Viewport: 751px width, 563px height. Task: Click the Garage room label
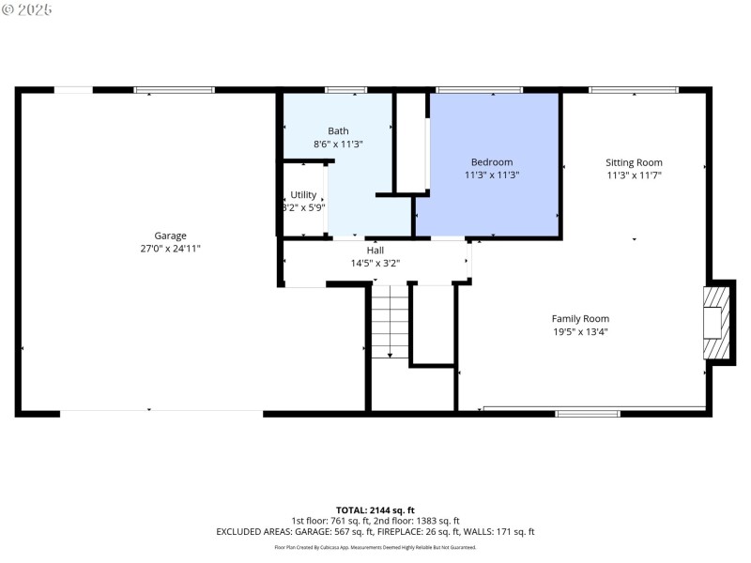tap(170, 236)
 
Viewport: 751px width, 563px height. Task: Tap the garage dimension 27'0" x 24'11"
tap(170, 249)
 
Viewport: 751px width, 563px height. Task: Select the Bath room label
tap(338, 130)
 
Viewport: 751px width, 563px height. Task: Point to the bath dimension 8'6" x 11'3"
tap(338, 145)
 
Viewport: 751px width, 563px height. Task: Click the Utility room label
tap(303, 194)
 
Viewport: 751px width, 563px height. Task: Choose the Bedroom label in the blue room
tap(492, 161)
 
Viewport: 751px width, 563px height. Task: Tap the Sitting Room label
tap(634, 162)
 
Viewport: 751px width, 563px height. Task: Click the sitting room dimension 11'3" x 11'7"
tap(634, 175)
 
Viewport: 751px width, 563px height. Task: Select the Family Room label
tap(580, 318)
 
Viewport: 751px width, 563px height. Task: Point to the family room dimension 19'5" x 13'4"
tap(580, 331)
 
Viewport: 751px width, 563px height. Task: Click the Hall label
tap(375, 251)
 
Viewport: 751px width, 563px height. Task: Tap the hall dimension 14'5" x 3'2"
tap(375, 264)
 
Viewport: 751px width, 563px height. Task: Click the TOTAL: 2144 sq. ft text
tap(375, 510)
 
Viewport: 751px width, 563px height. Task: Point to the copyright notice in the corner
tap(27, 9)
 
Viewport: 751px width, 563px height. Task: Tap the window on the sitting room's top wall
tap(633, 90)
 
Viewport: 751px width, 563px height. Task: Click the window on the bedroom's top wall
tap(479, 90)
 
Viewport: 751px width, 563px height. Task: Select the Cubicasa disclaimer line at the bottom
tap(375, 547)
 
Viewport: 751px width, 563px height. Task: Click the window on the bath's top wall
tap(345, 90)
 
